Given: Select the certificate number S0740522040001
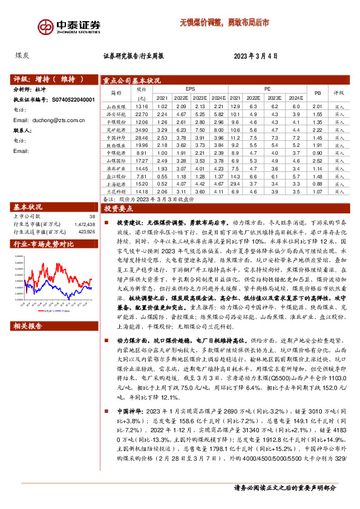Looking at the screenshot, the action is click(69, 99).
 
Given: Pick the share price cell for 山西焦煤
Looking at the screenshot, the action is click(142, 106).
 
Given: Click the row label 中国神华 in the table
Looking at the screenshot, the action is click(116, 138).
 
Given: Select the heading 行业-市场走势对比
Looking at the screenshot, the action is click(43, 244).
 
